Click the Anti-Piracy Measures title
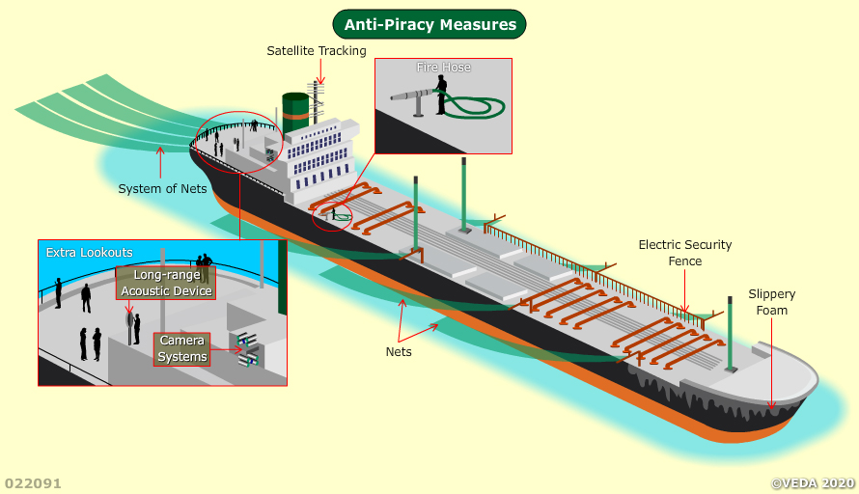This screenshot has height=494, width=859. (x=429, y=24)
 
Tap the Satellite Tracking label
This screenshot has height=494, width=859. (x=317, y=50)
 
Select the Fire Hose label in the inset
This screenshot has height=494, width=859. (x=443, y=68)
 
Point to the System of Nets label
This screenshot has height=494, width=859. (x=162, y=188)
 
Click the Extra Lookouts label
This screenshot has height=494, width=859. (x=90, y=253)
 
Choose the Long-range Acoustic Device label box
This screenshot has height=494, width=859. (x=166, y=283)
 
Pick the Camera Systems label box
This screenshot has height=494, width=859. (x=182, y=349)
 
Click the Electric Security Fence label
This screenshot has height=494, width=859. (x=685, y=253)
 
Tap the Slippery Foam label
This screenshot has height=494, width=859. (x=772, y=302)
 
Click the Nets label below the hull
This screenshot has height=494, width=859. (x=399, y=351)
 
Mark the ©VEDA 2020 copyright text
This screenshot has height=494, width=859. (x=813, y=482)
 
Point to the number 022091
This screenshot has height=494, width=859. (x=33, y=482)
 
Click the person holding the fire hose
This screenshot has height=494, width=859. (x=441, y=95)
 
